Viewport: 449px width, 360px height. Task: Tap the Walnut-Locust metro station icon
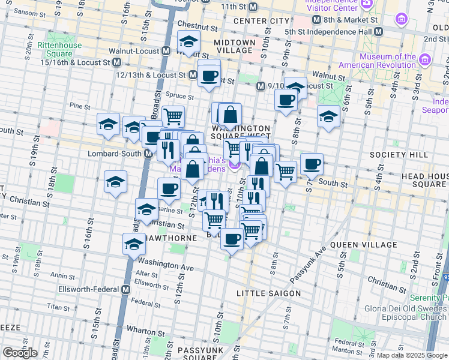tap(165, 51)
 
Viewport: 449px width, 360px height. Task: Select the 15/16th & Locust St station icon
tap(116, 62)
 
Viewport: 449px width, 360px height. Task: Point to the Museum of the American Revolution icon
tap(425, 61)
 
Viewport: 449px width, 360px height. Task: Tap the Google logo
tap(20, 353)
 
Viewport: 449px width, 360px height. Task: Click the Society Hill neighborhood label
tap(399, 155)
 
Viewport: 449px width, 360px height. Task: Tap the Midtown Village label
tap(235, 47)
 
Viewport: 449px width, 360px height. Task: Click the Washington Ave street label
tap(166, 264)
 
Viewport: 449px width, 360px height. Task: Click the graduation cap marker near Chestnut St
tap(189, 44)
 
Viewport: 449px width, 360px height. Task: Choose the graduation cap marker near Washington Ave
tap(134, 244)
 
